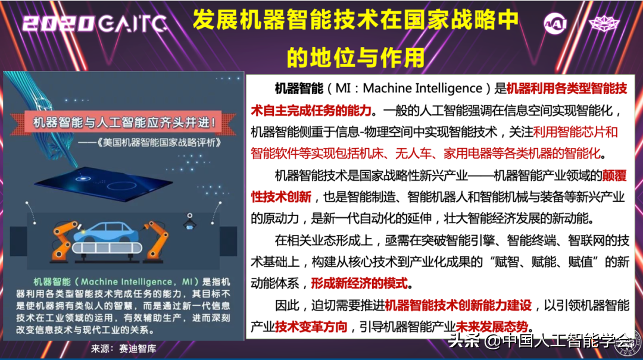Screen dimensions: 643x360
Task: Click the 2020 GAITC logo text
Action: (95, 24)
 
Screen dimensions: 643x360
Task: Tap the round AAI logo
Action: (555, 23)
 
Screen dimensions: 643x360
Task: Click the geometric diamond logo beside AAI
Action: (604, 24)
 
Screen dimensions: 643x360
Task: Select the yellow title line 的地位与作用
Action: (355, 57)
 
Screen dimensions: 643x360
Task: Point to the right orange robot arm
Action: (157, 242)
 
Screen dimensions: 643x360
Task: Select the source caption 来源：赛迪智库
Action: (123, 349)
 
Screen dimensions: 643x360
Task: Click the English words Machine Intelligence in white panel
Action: (422, 88)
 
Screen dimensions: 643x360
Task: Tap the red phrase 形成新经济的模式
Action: (359, 283)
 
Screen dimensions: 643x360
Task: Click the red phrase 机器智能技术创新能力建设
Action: (458, 305)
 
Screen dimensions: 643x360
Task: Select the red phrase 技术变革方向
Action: (311, 327)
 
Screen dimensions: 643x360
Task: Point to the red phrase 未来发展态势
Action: (492, 327)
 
